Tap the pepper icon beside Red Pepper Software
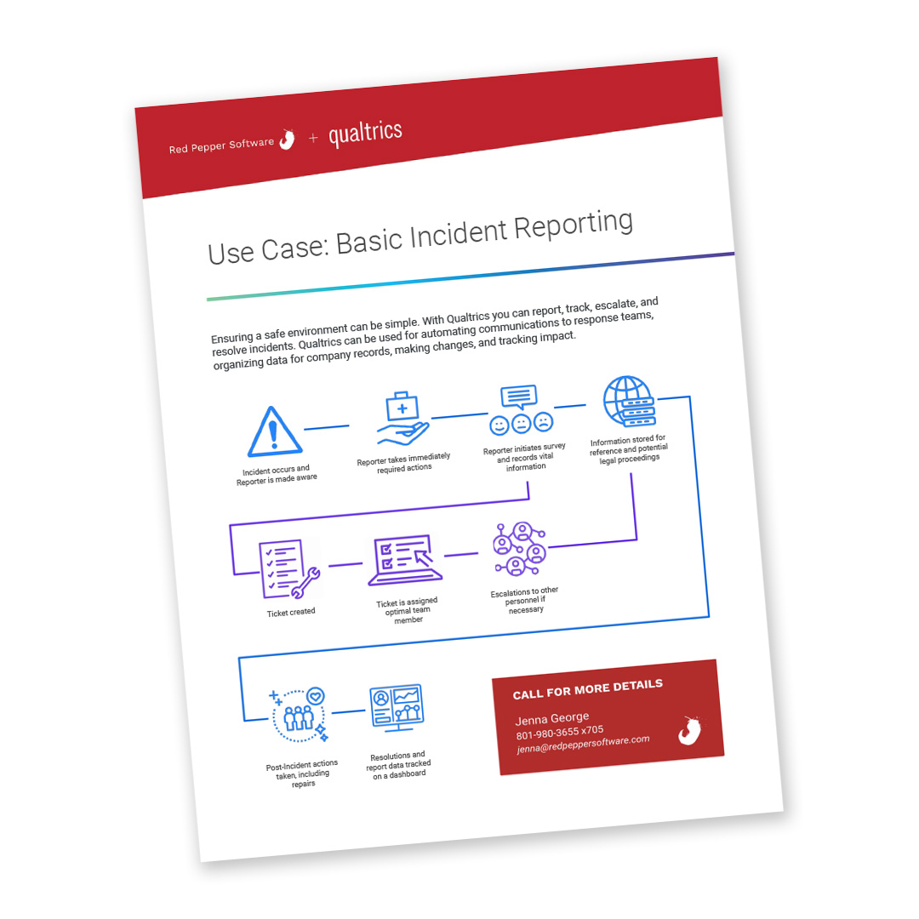[288, 140]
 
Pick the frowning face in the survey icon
[543, 421]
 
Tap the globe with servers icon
[629, 402]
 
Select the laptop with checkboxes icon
[404, 560]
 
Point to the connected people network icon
[519, 549]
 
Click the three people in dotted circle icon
[299, 715]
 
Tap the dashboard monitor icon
[397, 707]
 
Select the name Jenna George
[552, 718]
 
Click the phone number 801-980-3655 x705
[560, 732]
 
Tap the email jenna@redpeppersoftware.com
[583, 745]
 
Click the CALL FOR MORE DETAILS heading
[588, 689]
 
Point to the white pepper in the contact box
[690, 730]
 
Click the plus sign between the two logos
[313, 138]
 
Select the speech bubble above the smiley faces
[519, 397]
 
